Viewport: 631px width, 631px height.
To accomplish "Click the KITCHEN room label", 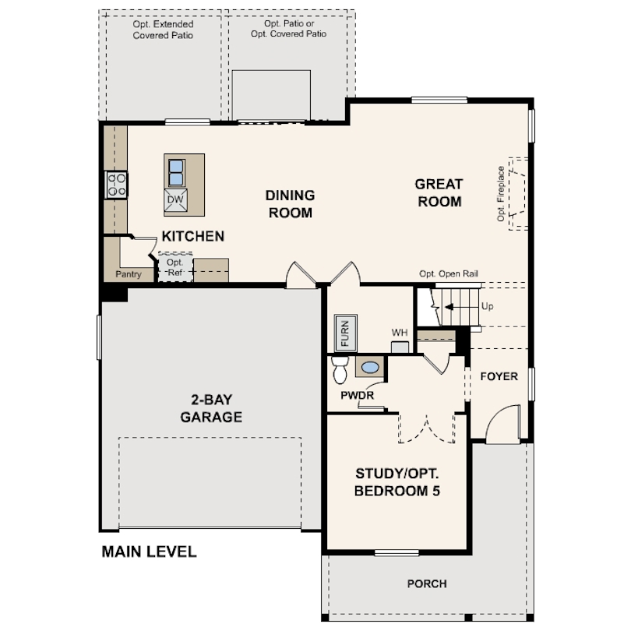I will [x=193, y=236].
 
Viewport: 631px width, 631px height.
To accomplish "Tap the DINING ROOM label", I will [x=290, y=203].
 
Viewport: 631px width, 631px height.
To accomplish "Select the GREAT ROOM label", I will [x=439, y=192].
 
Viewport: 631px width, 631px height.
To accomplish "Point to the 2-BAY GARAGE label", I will [x=211, y=408].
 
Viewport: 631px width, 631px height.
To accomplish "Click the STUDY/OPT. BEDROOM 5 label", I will [x=397, y=481].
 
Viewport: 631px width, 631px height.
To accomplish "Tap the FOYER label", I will [x=499, y=376].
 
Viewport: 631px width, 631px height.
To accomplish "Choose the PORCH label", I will [x=427, y=583].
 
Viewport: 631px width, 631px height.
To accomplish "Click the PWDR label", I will [x=358, y=396].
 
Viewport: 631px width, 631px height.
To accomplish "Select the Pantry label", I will [x=128, y=274].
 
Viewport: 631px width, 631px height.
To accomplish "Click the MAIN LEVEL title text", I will [x=149, y=552].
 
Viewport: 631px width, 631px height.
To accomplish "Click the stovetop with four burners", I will [x=117, y=184].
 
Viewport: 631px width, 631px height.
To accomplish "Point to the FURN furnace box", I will [x=345, y=333].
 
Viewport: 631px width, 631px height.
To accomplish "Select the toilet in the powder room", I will [x=339, y=369].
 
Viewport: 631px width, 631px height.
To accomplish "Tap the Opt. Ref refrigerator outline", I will [x=174, y=267].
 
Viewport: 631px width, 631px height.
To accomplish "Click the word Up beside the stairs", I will [x=488, y=306].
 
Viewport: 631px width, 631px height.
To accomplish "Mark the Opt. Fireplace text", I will [x=502, y=193].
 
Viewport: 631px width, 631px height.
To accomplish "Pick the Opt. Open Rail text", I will [x=449, y=274].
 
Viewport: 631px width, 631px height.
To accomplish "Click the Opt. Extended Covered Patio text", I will [x=163, y=30].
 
